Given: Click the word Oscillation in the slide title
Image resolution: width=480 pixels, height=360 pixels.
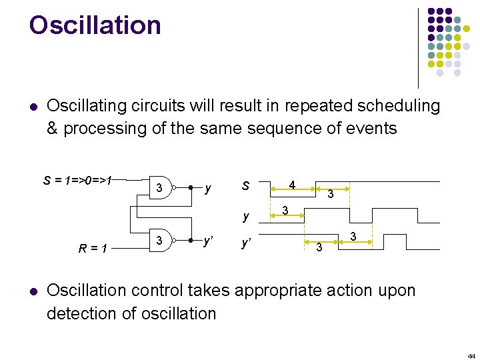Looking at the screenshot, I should [x=95, y=25].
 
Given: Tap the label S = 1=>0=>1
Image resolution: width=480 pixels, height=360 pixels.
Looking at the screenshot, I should [x=78, y=179].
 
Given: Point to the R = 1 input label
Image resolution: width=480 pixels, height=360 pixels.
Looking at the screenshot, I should [x=94, y=249].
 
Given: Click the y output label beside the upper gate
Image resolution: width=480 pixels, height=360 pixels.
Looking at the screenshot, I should [x=209, y=189].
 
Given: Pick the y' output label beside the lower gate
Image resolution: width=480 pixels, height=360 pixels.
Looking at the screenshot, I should [x=209, y=241].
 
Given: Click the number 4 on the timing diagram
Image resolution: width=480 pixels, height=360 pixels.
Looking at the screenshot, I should [x=291, y=184].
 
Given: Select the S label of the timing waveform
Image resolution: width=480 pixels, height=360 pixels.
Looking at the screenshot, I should [x=245, y=186].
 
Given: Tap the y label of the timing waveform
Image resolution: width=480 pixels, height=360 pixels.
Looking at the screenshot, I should [x=246, y=216].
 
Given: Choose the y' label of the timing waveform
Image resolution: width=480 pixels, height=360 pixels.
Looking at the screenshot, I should [x=247, y=243].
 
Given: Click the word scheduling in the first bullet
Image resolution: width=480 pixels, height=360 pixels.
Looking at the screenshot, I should [x=393, y=106].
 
